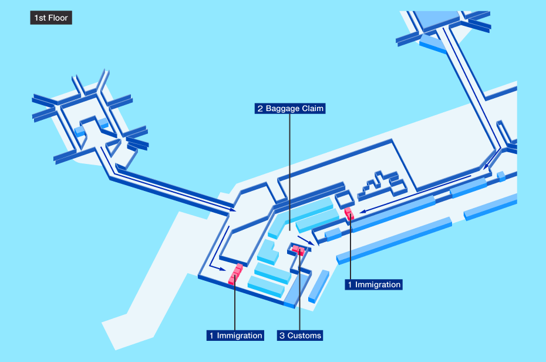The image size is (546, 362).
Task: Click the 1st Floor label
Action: click(51, 18)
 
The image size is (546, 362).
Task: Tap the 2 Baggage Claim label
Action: click(290, 108)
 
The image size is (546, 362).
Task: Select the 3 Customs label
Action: click(300, 335)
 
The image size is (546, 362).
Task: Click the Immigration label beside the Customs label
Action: click(235, 335)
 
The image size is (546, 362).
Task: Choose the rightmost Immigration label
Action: click(373, 284)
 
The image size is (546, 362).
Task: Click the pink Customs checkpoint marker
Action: click(298, 250)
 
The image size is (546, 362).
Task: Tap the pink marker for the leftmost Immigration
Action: click(235, 274)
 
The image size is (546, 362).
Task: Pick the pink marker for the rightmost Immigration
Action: click(349, 213)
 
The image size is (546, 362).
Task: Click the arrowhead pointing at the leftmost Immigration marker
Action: click(223, 269)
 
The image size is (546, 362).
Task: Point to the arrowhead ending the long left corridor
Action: click(232, 210)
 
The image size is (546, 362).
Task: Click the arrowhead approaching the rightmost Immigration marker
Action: click(363, 211)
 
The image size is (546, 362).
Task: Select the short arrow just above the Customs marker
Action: click(306, 240)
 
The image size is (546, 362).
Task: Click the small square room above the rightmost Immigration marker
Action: click(345, 200)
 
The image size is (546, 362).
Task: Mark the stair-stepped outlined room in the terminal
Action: click(383, 186)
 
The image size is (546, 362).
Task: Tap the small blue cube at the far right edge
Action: click(501, 176)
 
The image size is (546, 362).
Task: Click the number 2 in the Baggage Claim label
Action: click(260, 109)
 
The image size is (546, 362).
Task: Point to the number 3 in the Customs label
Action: click(282, 336)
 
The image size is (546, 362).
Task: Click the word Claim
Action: click(313, 108)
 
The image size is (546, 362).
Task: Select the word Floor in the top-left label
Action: click(59, 18)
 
